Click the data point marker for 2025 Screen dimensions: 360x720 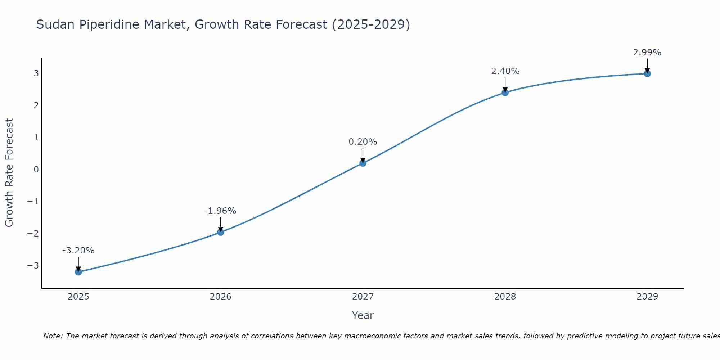[x=78, y=272]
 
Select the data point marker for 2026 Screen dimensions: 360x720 [x=221, y=232]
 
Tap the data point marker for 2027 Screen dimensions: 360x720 [x=363, y=163]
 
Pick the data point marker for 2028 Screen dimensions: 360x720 [x=505, y=93]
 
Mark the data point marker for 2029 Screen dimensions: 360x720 [x=647, y=74]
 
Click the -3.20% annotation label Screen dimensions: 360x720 [x=78, y=251]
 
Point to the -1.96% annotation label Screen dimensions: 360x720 [x=220, y=211]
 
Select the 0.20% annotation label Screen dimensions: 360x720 [x=363, y=142]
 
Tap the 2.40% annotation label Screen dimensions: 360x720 [x=505, y=71]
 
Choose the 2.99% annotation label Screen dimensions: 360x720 [x=647, y=53]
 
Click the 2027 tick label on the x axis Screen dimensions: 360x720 [x=363, y=297]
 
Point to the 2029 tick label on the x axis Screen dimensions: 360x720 [x=647, y=297]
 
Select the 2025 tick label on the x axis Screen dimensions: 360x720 [x=78, y=297]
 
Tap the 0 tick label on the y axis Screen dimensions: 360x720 [x=36, y=170]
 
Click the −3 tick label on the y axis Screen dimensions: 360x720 [x=33, y=266]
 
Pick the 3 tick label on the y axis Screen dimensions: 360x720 [x=36, y=73]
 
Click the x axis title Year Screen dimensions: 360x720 [x=363, y=315]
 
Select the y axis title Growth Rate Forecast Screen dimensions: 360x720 [x=9, y=173]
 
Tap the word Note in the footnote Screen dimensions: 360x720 [x=53, y=336]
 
